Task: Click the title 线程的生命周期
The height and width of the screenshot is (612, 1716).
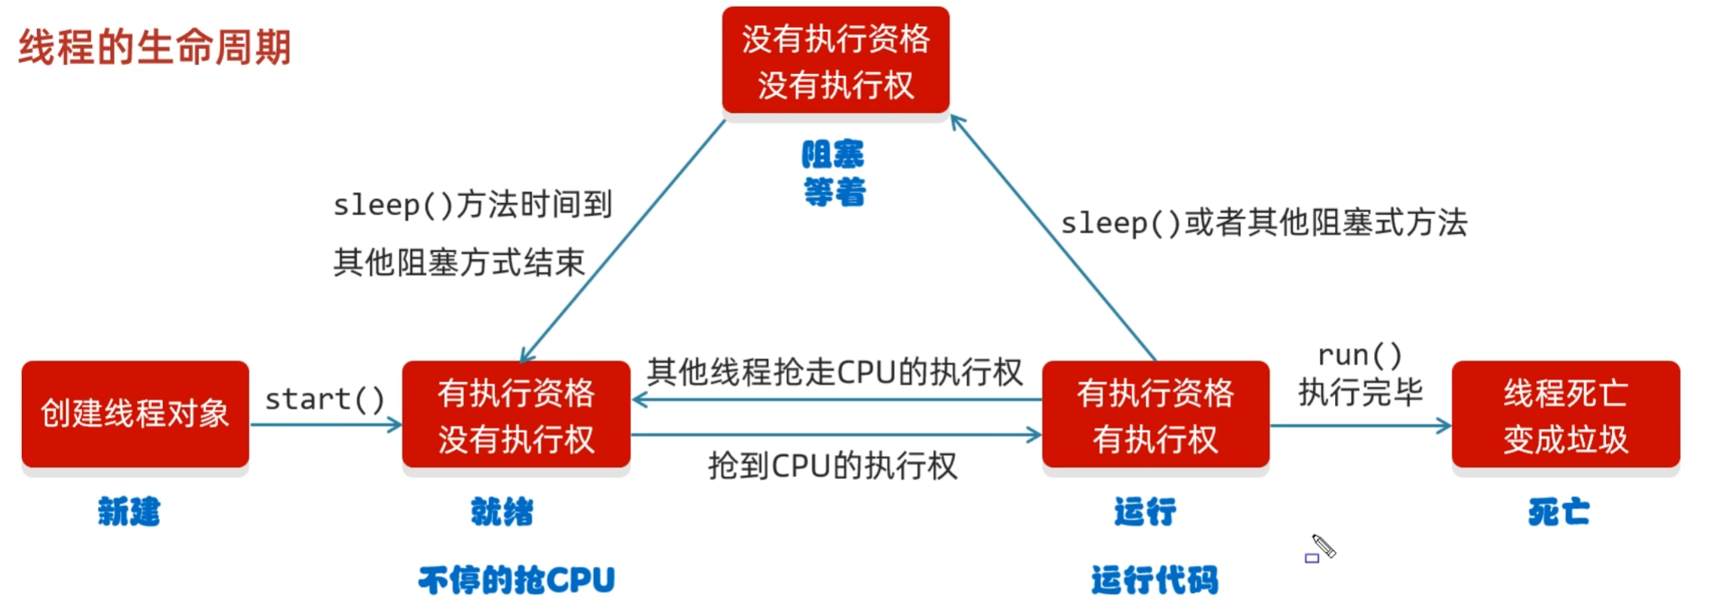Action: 155,48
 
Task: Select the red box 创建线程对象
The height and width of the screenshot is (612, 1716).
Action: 135,414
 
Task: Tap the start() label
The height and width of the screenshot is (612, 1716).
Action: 324,399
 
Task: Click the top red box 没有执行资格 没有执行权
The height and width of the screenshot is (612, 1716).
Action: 835,60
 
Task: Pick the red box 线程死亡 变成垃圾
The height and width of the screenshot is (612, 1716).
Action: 1565,415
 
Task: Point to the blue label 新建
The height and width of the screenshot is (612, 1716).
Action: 129,512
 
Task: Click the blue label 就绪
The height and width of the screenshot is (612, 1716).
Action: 502,512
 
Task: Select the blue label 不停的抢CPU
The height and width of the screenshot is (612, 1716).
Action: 517,580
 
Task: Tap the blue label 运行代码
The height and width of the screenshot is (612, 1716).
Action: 1155,580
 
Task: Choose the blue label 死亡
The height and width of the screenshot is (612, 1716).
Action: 1559,512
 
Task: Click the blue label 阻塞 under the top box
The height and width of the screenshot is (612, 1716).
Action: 833,155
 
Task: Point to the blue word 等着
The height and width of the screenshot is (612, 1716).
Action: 835,192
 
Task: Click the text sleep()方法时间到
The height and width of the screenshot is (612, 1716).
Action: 472,205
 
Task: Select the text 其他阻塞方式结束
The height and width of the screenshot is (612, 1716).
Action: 459,263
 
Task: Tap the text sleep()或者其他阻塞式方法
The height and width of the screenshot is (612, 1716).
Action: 1264,223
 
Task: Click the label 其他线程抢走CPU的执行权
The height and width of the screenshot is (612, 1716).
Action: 835,372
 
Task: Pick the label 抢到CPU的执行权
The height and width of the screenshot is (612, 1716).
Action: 832,466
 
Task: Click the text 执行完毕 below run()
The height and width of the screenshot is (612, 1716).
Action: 1360,392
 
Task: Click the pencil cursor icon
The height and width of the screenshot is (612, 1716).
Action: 1322,547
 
